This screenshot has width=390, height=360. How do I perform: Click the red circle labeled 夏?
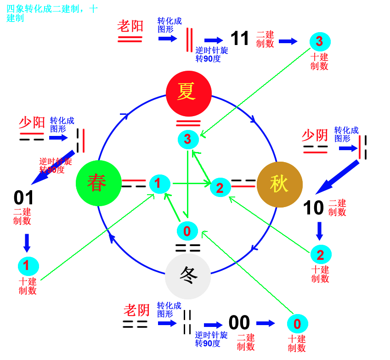point(188,93)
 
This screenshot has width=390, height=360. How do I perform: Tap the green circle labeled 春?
point(98,183)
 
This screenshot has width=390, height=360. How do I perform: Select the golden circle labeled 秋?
point(279,184)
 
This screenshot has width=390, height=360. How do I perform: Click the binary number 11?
point(240,39)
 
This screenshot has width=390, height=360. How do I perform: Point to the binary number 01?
point(24,198)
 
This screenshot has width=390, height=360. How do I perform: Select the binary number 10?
point(314,208)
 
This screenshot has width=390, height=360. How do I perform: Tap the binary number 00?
point(239,323)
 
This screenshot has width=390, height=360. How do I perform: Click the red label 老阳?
point(130,26)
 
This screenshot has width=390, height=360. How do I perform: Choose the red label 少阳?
point(32,122)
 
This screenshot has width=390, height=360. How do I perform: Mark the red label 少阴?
point(315,135)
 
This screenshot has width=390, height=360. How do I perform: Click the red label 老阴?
point(136,310)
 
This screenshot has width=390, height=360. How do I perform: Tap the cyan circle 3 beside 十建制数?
point(319,42)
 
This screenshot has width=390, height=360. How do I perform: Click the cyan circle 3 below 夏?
point(188,139)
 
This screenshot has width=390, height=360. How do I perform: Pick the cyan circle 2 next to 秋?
point(220,187)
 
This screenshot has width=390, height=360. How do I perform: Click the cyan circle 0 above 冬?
point(187,231)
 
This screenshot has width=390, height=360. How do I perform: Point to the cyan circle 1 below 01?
point(28,266)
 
